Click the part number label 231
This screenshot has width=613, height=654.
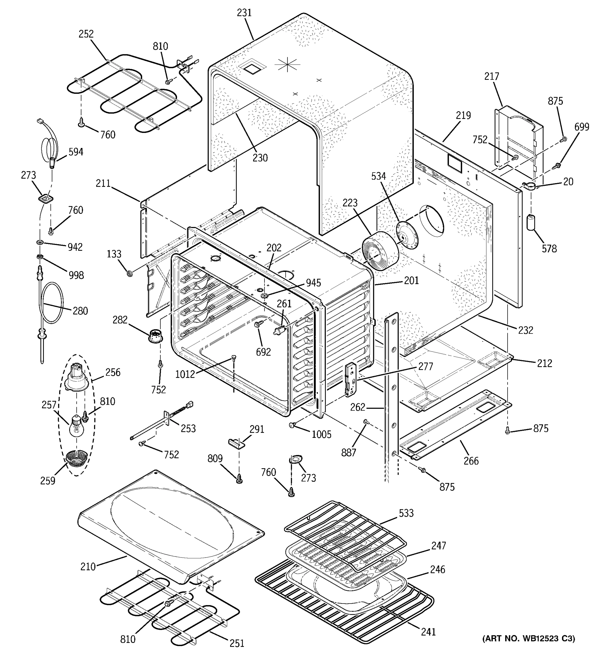click(x=244, y=13)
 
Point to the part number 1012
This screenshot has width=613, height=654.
click(x=185, y=374)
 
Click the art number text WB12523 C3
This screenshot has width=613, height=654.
click(x=529, y=638)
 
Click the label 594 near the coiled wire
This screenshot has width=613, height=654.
click(x=76, y=152)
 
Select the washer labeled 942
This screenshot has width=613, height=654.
click(x=40, y=243)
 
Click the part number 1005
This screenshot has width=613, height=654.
click(x=321, y=435)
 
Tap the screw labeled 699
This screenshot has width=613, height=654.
click(x=557, y=165)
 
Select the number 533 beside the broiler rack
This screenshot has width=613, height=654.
click(x=406, y=513)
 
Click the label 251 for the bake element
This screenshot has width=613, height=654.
click(x=237, y=643)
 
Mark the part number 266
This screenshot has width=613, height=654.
click(x=471, y=461)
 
